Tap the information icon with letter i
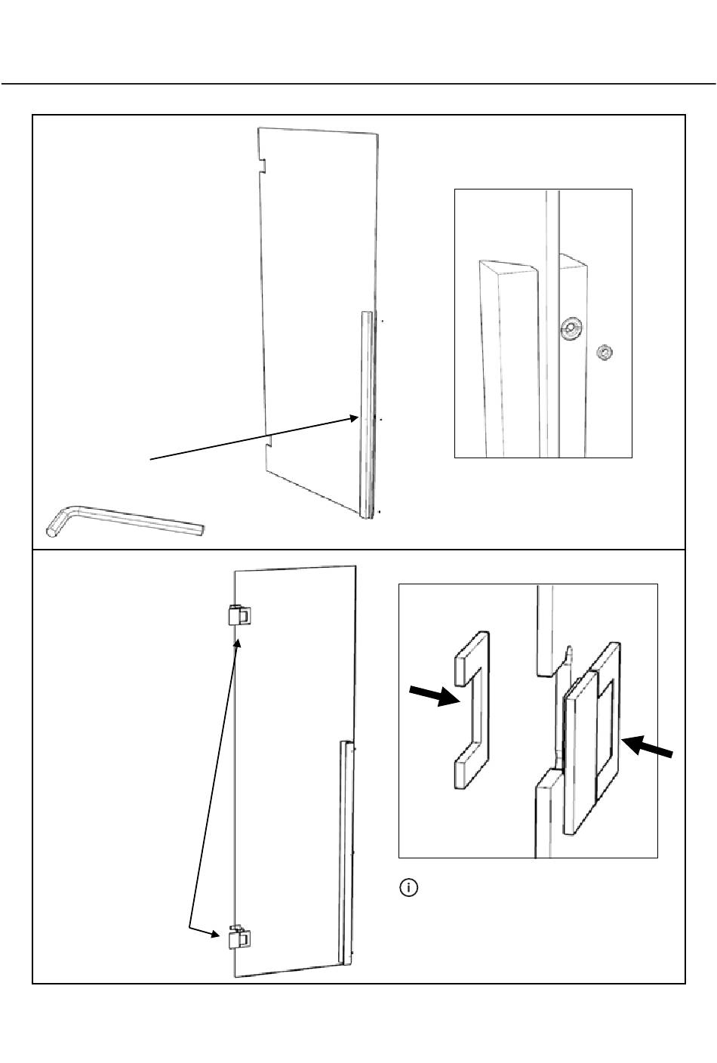[408, 887]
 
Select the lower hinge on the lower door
[239, 938]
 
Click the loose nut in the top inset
[603, 352]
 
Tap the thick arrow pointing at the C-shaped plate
[434, 696]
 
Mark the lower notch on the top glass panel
[269, 442]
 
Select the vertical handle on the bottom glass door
[346, 852]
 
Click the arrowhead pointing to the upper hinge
[239, 644]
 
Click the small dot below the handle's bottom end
[379, 511]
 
